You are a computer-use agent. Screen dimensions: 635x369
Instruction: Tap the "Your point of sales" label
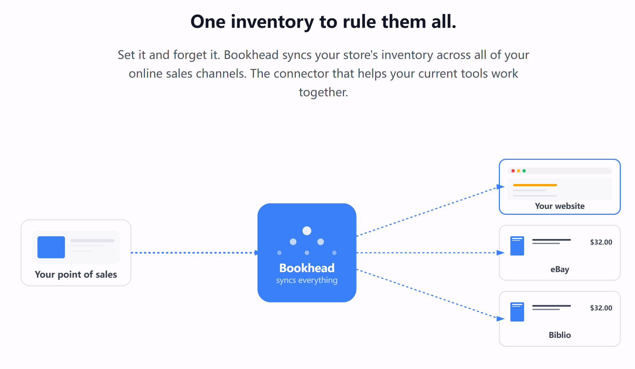(x=76, y=274)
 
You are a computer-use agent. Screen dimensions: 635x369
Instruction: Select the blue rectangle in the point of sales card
(x=51, y=247)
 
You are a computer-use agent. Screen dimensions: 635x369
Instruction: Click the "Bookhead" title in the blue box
(x=307, y=268)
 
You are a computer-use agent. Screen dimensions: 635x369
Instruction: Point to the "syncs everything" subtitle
(x=307, y=280)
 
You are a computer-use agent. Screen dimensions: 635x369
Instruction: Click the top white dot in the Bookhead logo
(x=307, y=231)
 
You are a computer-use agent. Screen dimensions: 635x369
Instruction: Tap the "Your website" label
(x=560, y=206)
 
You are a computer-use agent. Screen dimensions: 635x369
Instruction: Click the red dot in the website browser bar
(x=513, y=171)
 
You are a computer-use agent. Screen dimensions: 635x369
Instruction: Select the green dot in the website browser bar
(x=524, y=171)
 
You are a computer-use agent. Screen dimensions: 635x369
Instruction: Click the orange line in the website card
(x=535, y=185)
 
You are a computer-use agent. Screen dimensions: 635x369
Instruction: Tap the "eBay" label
(x=560, y=269)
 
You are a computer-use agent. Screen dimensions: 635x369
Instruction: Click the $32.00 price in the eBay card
(x=601, y=242)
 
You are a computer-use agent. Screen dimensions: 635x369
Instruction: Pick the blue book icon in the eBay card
(x=517, y=246)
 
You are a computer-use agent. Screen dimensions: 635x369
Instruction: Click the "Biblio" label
(x=560, y=335)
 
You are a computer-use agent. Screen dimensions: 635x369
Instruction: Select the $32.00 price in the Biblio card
(x=601, y=308)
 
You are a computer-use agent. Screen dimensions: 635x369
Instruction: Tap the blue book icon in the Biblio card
(x=517, y=312)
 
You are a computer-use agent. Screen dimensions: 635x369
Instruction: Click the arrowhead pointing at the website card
(x=500, y=187)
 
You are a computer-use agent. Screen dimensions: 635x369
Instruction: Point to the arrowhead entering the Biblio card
(x=500, y=319)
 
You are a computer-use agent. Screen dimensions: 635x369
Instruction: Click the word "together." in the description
(x=323, y=92)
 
